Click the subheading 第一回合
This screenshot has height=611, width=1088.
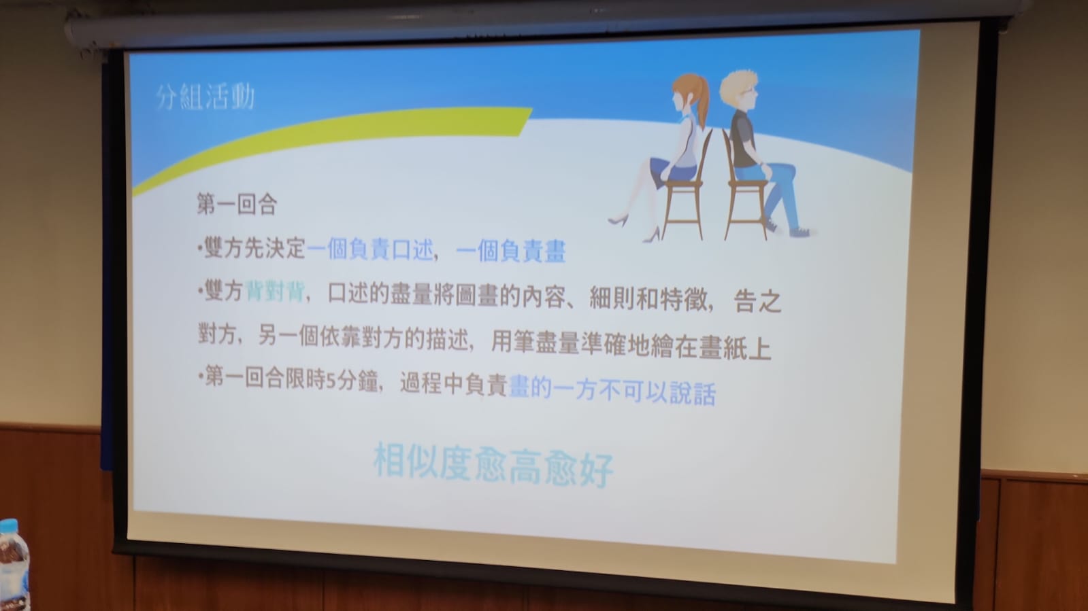pyautogui.click(x=237, y=204)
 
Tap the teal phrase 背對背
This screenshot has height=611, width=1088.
pyautogui.click(x=276, y=292)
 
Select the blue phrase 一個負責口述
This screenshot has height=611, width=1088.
pyautogui.click(x=370, y=250)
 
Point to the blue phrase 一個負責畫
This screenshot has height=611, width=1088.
pyautogui.click(x=511, y=252)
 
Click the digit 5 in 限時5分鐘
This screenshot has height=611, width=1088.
pyautogui.click(x=330, y=382)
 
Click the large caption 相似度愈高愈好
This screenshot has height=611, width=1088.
pyautogui.click(x=493, y=465)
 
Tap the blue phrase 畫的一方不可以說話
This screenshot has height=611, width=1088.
pyautogui.click(x=612, y=391)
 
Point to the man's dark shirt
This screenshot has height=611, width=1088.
pyautogui.click(x=742, y=139)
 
